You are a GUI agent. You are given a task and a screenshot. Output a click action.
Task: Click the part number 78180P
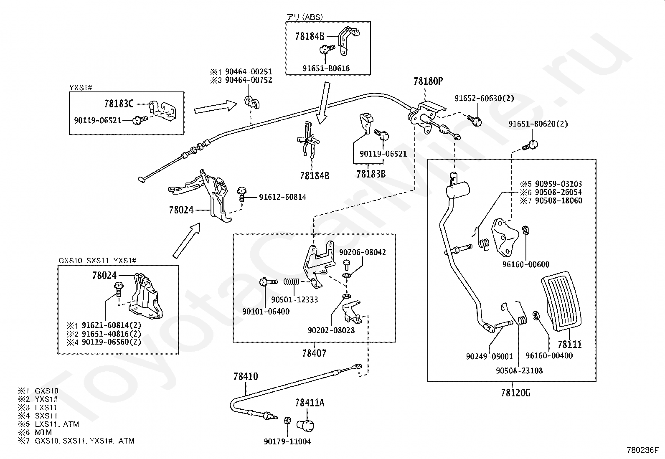(x=428, y=81)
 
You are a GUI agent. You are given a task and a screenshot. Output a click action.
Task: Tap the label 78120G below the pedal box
(x=515, y=393)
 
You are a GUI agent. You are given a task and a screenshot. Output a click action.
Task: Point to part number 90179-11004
(x=287, y=441)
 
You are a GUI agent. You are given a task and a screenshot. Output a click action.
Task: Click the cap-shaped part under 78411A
(x=305, y=426)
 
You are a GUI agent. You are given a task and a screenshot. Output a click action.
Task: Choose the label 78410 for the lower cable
(x=246, y=376)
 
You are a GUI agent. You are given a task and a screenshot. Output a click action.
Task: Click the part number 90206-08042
(x=363, y=252)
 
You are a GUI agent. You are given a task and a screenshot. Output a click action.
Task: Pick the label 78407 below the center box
(x=314, y=353)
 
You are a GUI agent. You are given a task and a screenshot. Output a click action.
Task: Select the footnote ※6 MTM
(x=35, y=432)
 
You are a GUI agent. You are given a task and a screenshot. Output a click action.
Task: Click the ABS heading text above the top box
(x=305, y=17)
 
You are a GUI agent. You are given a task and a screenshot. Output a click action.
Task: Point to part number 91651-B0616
(x=326, y=68)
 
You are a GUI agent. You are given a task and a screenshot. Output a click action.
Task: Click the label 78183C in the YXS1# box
(x=119, y=104)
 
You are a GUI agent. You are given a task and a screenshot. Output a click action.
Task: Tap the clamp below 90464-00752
(x=252, y=102)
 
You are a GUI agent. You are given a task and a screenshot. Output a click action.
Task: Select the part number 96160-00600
(x=526, y=264)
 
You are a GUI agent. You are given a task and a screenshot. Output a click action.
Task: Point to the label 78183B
(x=371, y=174)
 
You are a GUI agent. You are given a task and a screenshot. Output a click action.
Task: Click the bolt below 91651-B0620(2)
(x=530, y=145)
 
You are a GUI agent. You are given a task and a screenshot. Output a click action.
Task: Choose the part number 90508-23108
(x=519, y=370)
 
